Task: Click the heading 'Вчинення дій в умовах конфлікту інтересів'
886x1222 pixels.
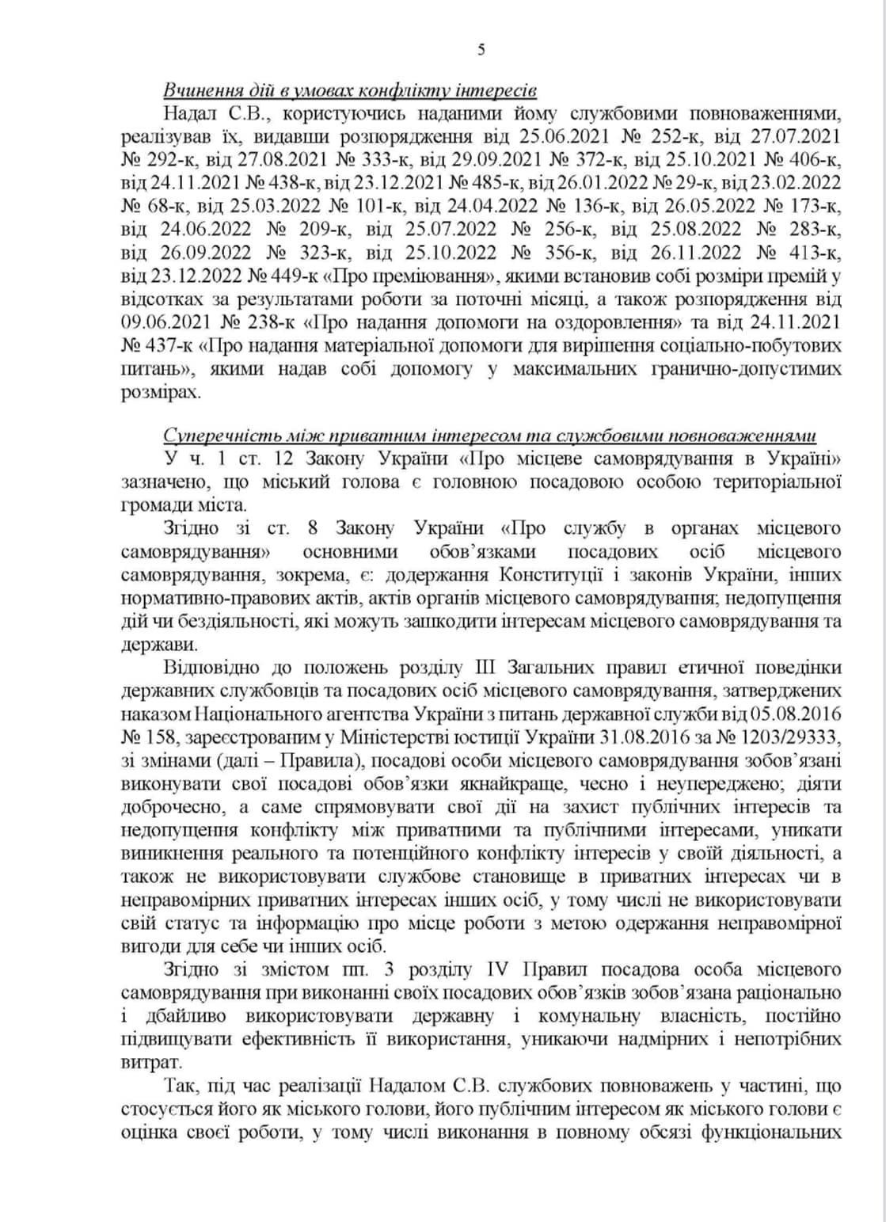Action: pyautogui.click(x=349, y=88)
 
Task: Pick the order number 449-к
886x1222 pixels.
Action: pyautogui.click(x=284, y=277)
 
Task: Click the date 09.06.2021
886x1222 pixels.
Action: pyautogui.click(x=165, y=323)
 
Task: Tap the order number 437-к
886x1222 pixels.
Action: pyautogui.click(x=165, y=346)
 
